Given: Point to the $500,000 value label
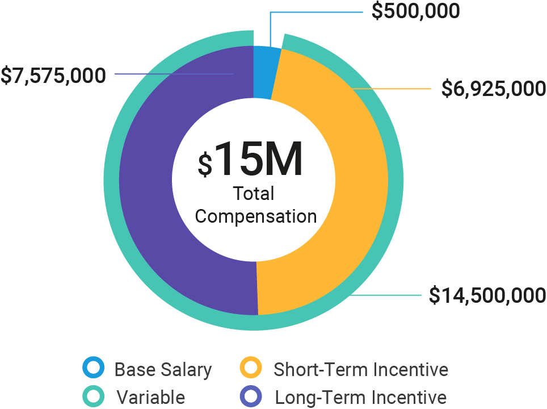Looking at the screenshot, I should point(415,11).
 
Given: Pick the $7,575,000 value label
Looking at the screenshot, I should point(53,75).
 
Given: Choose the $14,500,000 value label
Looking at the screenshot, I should point(487,295).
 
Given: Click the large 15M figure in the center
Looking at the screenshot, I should point(259,158).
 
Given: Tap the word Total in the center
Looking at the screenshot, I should point(254,194).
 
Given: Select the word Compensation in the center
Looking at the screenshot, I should point(256,216).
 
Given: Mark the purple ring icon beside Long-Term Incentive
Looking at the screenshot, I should point(250,396).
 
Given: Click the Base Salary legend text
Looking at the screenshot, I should point(163,370).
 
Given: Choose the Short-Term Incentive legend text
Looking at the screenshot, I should point(361,370).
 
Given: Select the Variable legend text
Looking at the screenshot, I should point(151,397).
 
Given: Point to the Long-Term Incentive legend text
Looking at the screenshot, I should point(361,397).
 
